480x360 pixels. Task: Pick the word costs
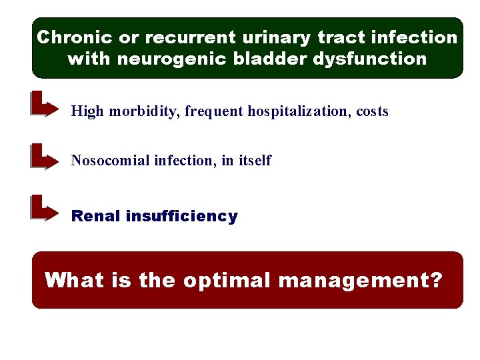pos(372,111)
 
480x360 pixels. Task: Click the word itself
pos(255,161)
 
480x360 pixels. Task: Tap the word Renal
pos(95,216)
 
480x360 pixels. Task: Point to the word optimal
pos(227,280)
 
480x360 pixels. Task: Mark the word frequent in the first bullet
pos(214,111)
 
